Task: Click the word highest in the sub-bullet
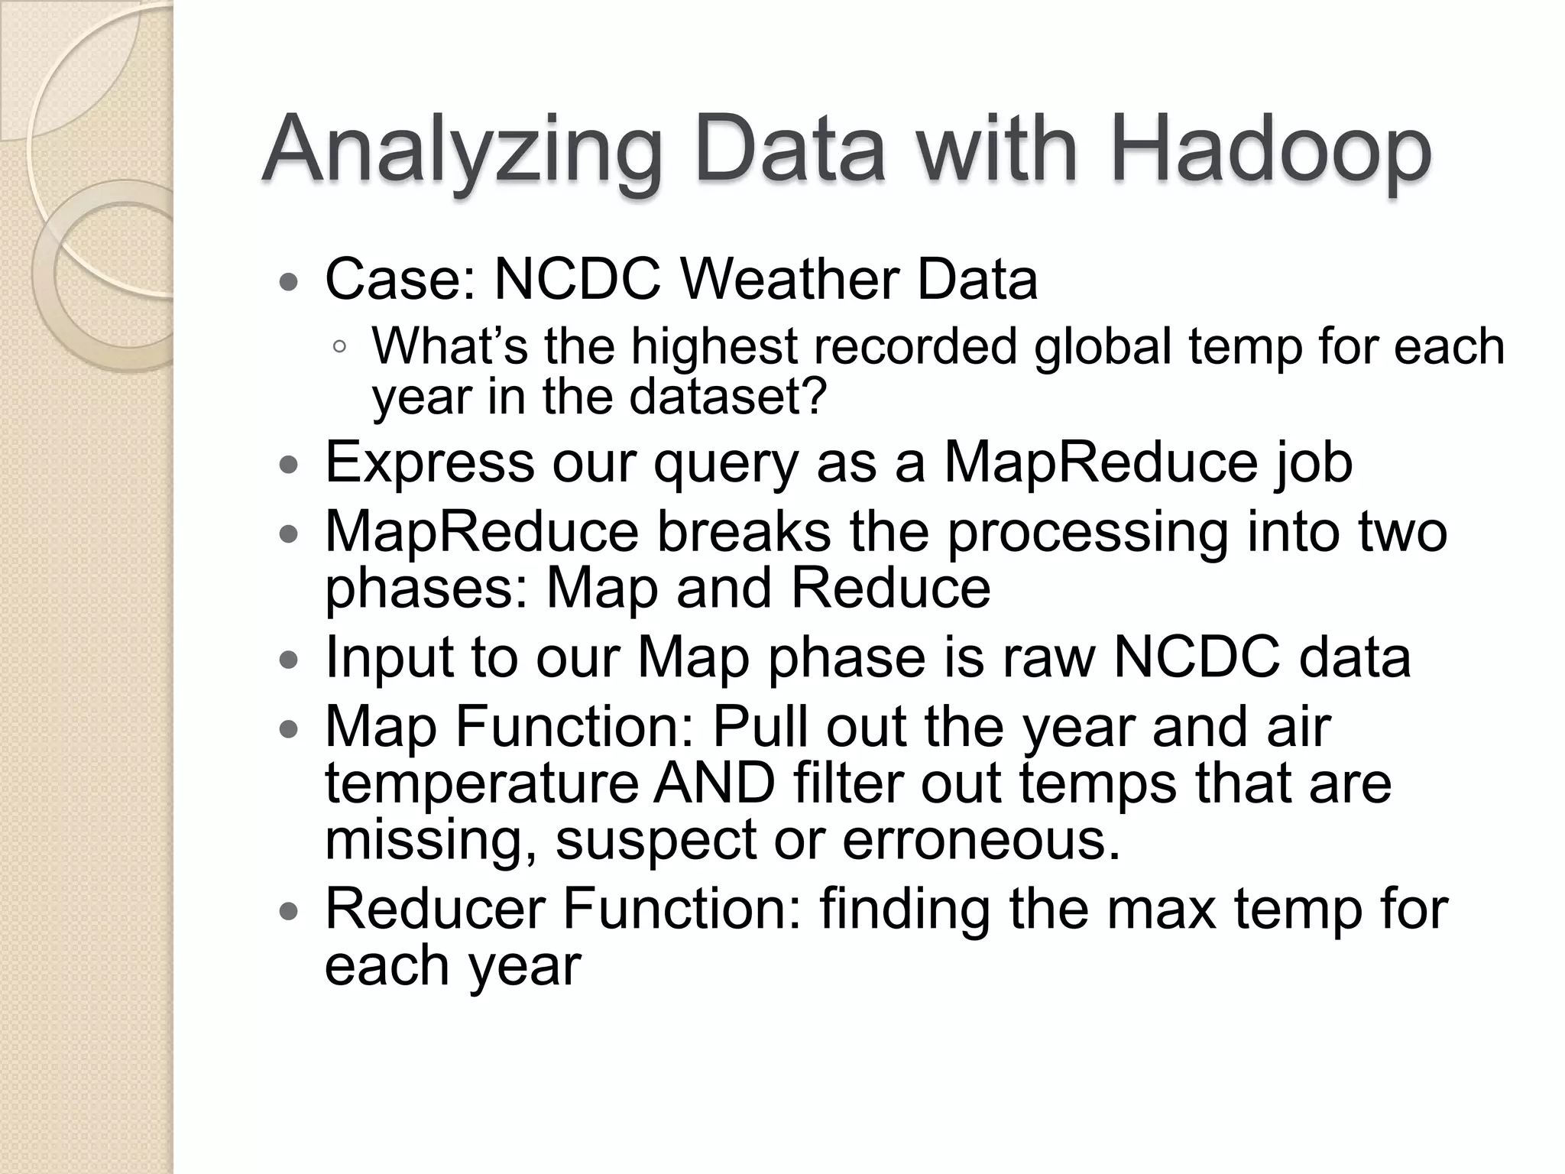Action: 714,346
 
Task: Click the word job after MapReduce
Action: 1312,462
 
